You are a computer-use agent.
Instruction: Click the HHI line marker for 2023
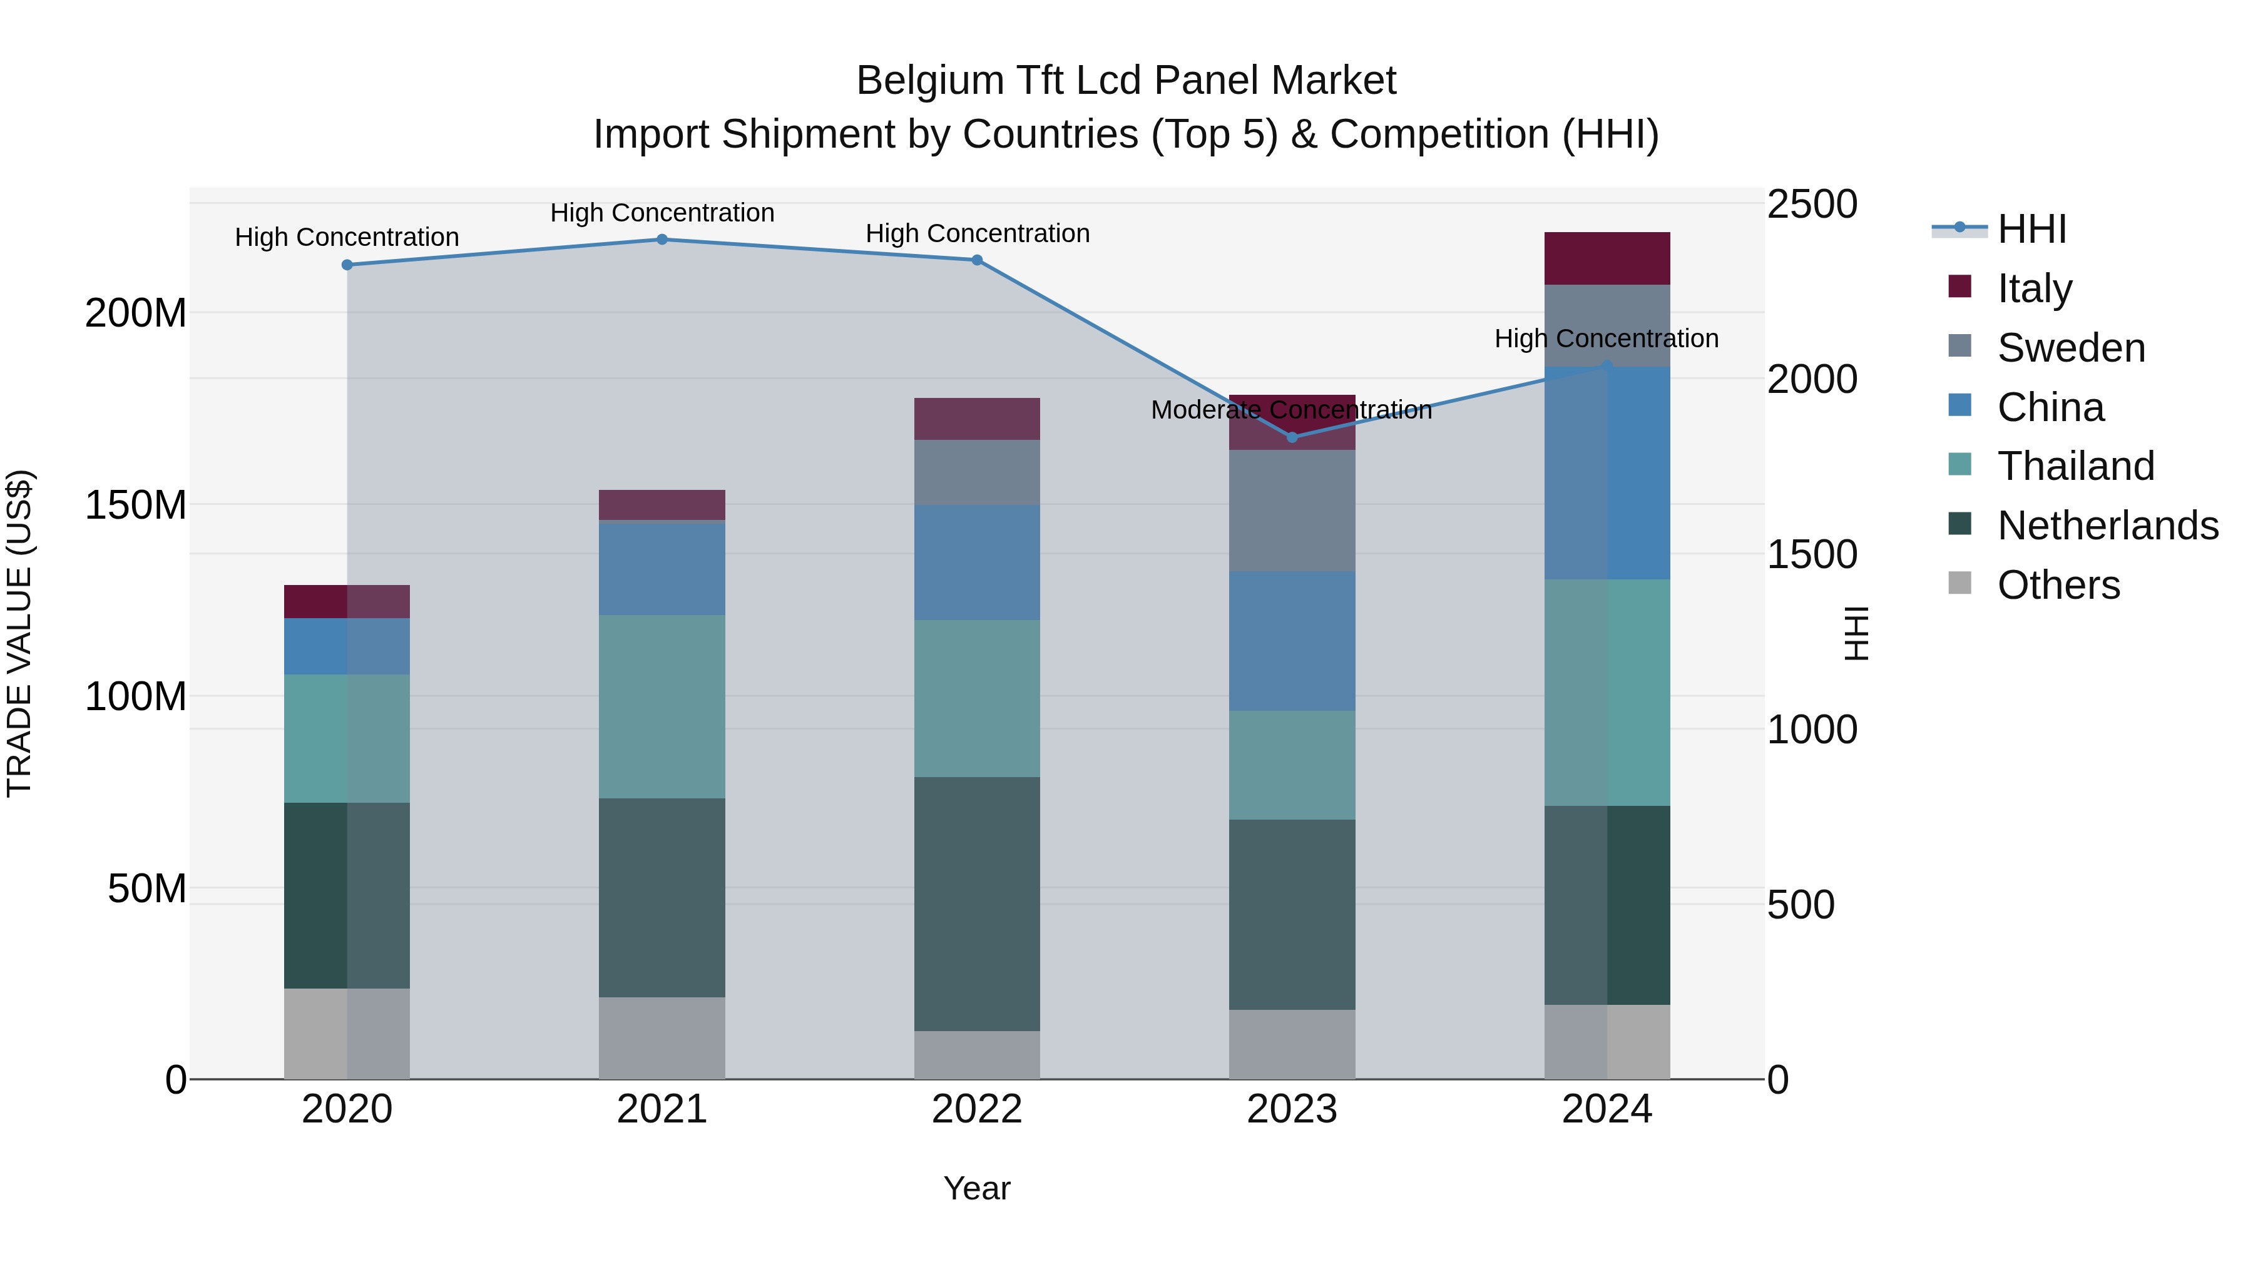[1292, 437]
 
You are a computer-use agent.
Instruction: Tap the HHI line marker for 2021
[662, 240]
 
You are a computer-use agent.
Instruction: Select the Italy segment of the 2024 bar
[1607, 259]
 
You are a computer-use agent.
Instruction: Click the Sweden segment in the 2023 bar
[1292, 511]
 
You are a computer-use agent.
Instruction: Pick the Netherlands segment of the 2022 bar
[977, 903]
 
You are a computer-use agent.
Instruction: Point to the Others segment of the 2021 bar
[662, 1038]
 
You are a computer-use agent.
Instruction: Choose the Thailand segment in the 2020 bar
[347, 738]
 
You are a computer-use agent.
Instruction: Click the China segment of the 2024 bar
[1607, 473]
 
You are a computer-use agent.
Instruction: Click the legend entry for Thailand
[2075, 466]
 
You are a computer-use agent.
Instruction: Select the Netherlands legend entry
[2107, 526]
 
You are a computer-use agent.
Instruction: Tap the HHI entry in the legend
[2031, 229]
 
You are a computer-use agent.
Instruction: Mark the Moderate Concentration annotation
[1291, 409]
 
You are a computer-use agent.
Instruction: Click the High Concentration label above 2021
[662, 213]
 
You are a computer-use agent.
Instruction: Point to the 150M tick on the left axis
[136, 506]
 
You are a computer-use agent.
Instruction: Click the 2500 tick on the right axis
[1811, 205]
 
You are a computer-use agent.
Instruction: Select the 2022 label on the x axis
[977, 1109]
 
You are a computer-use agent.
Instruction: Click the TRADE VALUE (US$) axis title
[19, 633]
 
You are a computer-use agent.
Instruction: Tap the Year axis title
[977, 1188]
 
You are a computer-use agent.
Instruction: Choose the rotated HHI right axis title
[1854, 633]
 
